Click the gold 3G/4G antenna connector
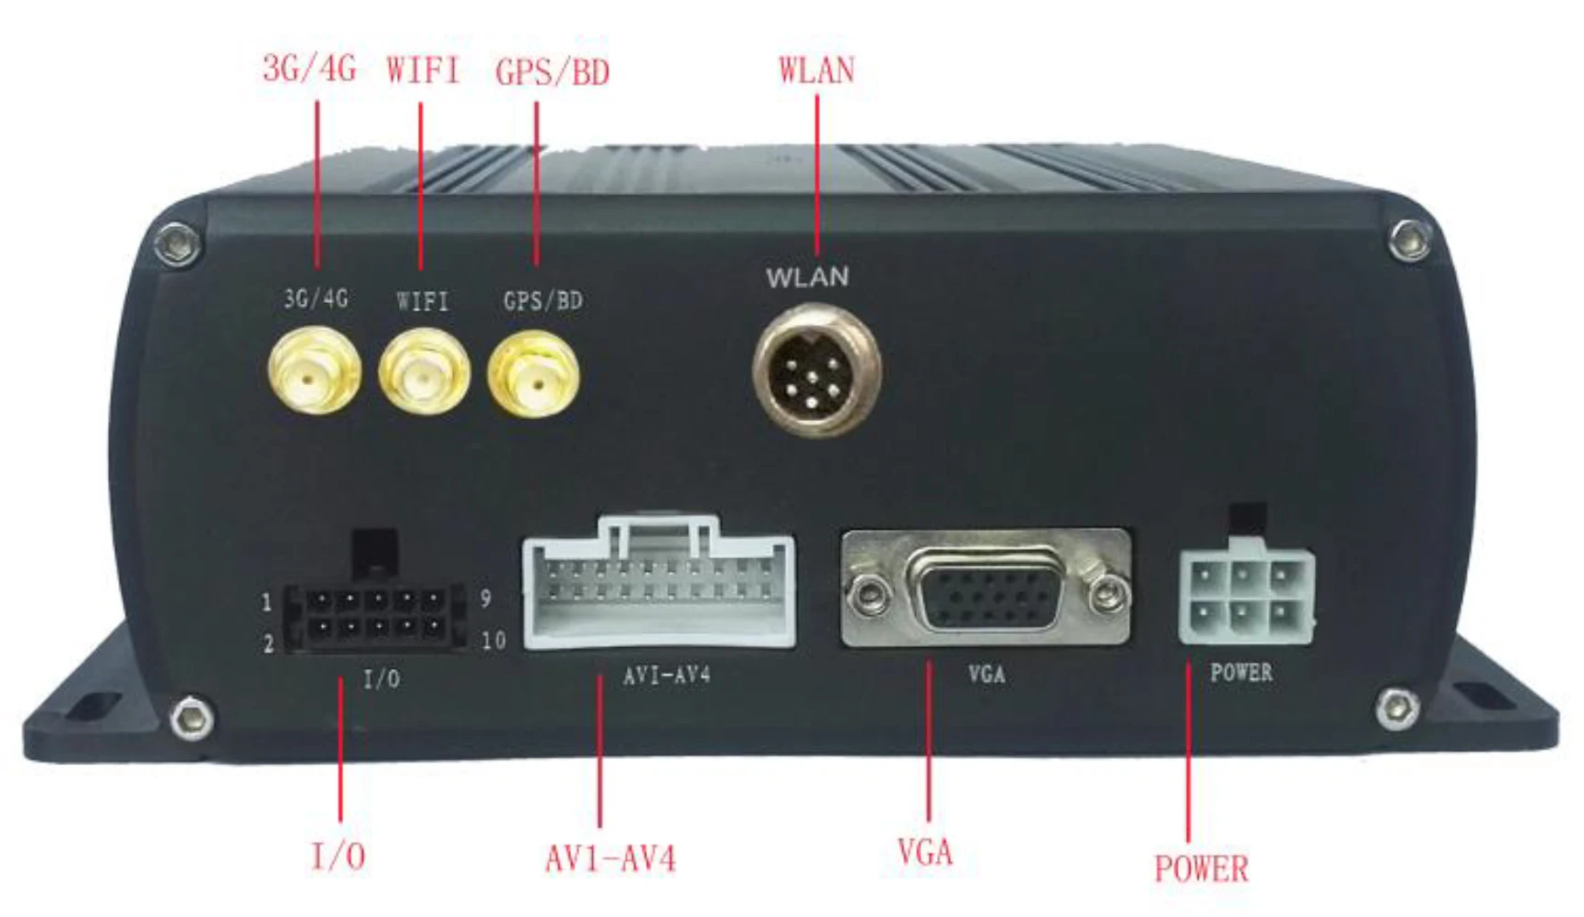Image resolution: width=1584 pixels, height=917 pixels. [x=314, y=371]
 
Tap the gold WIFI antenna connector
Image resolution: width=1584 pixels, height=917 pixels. [x=424, y=372]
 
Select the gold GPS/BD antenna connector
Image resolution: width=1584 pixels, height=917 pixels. [x=533, y=373]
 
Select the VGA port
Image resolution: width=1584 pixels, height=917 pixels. [x=986, y=589]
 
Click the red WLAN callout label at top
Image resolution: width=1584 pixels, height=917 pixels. [x=816, y=70]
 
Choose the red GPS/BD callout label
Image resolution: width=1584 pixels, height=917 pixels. [x=552, y=72]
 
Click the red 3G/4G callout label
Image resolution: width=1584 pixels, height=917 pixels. [x=309, y=69]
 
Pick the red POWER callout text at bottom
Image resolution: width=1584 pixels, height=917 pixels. [x=1201, y=868]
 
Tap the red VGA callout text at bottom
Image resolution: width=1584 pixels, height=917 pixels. [x=925, y=853]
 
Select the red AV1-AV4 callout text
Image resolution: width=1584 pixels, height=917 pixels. [x=610, y=858]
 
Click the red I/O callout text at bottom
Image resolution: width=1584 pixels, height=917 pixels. [x=339, y=857]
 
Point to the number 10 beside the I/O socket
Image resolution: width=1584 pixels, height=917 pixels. [x=493, y=641]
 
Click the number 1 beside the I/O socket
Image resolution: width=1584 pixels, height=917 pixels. [x=267, y=602]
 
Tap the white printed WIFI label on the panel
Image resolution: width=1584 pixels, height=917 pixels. [x=423, y=300]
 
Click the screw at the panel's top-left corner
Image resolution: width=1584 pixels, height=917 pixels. [x=178, y=243]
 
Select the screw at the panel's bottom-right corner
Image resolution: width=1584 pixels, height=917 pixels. [x=1397, y=706]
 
